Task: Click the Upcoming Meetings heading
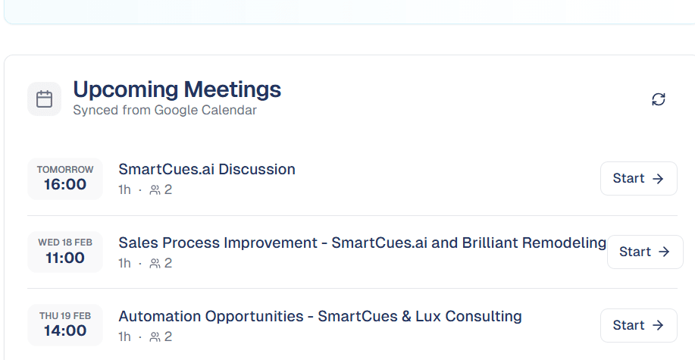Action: pos(177,89)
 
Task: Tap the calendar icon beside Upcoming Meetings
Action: pos(44,99)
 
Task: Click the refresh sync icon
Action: pos(659,99)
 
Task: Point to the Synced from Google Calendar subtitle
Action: pos(164,111)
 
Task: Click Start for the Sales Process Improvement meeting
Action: pos(644,252)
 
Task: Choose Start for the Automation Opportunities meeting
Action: pos(638,325)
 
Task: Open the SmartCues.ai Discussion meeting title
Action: pos(207,169)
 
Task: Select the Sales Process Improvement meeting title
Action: pos(362,243)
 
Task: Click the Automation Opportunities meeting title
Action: pos(320,316)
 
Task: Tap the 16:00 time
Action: pos(65,184)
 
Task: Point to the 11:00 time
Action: pos(65,258)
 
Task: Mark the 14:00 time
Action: pos(65,331)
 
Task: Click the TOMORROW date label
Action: pos(65,170)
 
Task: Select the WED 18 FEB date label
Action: pos(65,243)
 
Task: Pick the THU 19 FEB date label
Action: pos(65,316)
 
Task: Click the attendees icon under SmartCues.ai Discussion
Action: pos(155,190)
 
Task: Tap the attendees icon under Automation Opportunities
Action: pos(155,337)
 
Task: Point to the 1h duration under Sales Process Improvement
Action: pos(124,264)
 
